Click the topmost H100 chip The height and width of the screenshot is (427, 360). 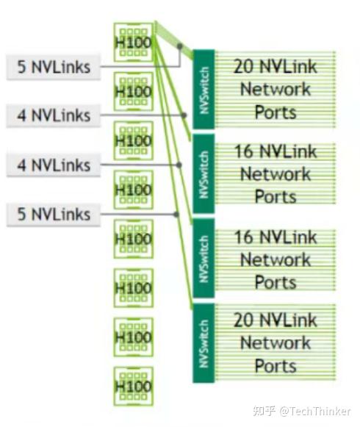(134, 40)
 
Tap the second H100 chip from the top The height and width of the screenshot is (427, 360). (134, 90)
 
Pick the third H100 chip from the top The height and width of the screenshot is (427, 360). (134, 140)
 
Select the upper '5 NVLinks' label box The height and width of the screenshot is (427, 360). (54, 67)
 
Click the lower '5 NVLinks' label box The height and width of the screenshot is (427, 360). (54, 215)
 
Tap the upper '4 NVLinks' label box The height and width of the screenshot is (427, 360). (54, 115)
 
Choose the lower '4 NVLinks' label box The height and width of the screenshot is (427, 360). (54, 165)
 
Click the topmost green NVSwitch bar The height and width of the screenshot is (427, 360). (204, 89)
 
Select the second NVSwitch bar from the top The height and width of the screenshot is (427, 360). (204, 173)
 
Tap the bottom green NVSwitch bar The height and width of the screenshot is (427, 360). (204, 342)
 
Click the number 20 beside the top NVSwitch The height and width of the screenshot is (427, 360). (245, 67)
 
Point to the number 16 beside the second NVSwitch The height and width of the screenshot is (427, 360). (245, 151)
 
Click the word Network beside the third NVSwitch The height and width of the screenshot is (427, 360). (276, 259)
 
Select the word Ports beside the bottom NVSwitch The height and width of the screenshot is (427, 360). (276, 365)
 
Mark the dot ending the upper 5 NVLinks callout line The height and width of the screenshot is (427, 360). (179, 46)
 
